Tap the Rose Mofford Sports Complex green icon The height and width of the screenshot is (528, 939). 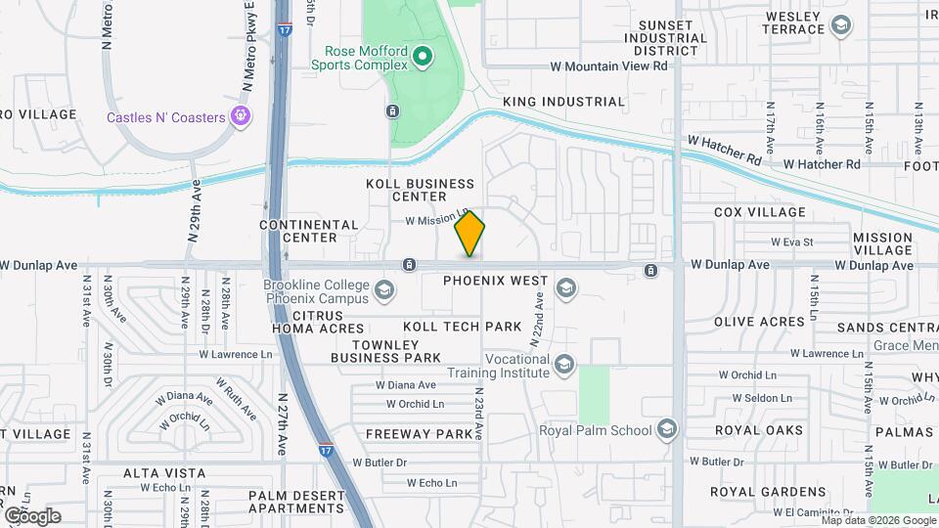tap(423, 57)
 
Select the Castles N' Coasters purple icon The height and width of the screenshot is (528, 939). tap(240, 117)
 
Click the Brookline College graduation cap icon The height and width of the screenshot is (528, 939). tap(384, 289)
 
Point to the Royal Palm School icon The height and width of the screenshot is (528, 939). tap(666, 430)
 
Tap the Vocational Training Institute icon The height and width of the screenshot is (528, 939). tap(563, 366)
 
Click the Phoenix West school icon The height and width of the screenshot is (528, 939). tap(564, 287)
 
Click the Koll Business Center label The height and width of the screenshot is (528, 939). tap(420, 190)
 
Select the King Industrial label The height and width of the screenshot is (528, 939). tap(563, 102)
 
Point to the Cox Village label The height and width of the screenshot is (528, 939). tap(760, 212)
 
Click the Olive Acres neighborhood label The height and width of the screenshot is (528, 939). tap(759, 322)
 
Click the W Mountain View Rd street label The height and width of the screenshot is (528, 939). tap(608, 66)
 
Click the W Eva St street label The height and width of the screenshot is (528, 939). tap(792, 242)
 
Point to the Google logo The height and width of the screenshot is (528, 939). tap(32, 515)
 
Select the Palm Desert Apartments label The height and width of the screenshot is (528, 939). tap(296, 501)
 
